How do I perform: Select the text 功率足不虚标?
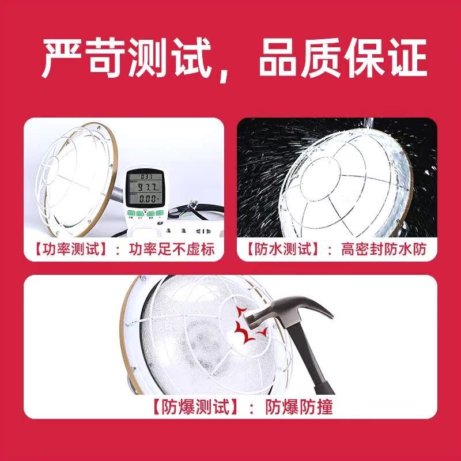click(x=171, y=250)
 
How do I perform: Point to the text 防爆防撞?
click(x=298, y=407)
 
